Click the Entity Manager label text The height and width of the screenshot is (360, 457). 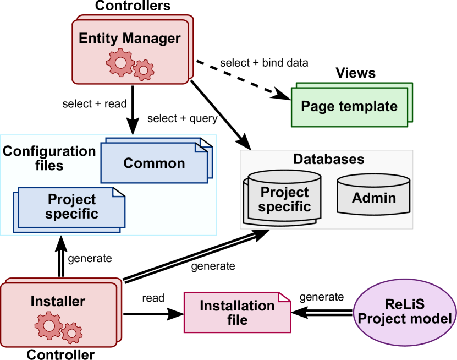pyautogui.click(x=129, y=38)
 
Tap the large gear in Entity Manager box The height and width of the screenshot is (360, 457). pyautogui.click(x=120, y=62)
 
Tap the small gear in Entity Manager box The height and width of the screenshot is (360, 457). pyautogui.click(x=144, y=70)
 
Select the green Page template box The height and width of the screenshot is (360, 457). pyautogui.click(x=349, y=107)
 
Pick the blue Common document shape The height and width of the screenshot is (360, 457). pyautogui.click(x=153, y=163)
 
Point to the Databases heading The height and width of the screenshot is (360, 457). pyautogui.click(x=328, y=160)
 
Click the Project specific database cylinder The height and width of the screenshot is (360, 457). pyautogui.click(x=284, y=199)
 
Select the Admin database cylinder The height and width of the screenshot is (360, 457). pyautogui.click(x=373, y=198)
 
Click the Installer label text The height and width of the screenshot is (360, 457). pyautogui.click(x=58, y=301)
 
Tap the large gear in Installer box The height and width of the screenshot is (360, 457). pyautogui.click(x=48, y=325)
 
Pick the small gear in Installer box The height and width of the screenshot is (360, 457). pyautogui.click(x=72, y=332)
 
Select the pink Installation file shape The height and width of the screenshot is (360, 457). pyautogui.click(x=237, y=313)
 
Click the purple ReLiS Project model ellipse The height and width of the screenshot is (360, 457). pyautogui.click(x=405, y=312)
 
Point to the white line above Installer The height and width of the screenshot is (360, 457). pyautogui.click(x=61, y=264)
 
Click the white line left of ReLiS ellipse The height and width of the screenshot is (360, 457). pyautogui.click(x=322, y=313)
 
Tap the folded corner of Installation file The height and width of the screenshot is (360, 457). pyautogui.click(x=284, y=298)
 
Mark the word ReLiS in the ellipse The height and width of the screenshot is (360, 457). pyautogui.click(x=405, y=305)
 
